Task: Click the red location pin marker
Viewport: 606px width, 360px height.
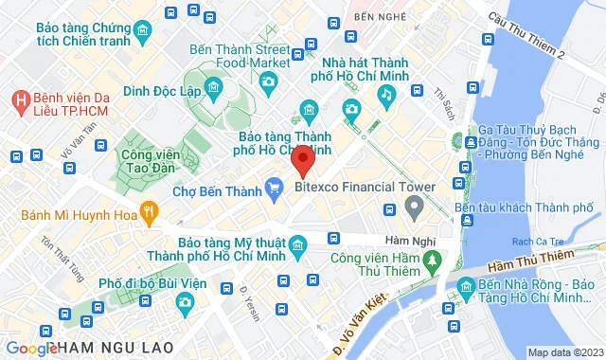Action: [x=302, y=159]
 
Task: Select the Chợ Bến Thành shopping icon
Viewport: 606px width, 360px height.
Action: [x=273, y=186]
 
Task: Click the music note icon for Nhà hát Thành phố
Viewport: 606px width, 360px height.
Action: [x=385, y=93]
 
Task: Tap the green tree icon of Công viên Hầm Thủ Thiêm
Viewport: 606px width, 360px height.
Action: [x=432, y=257]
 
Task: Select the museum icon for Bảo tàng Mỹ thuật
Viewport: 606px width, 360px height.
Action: [x=297, y=247]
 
